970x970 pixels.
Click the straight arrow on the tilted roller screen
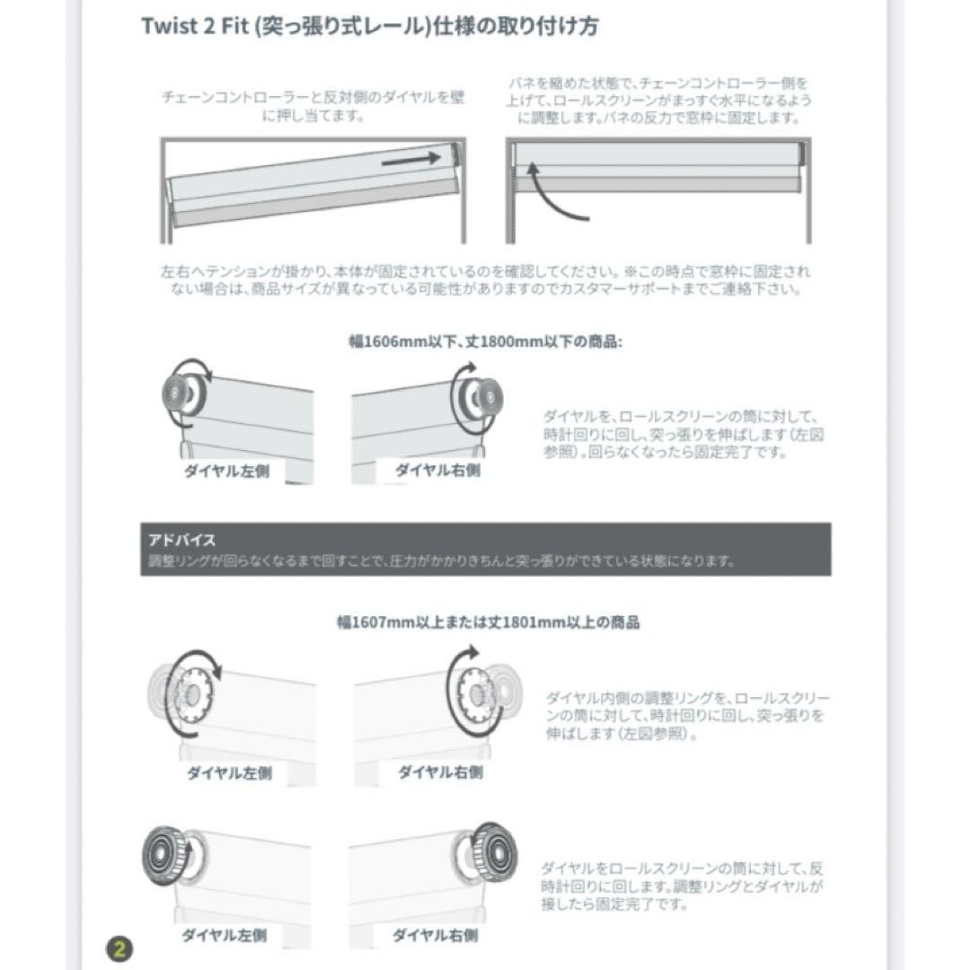pos(411,159)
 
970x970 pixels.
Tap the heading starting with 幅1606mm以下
pos(486,341)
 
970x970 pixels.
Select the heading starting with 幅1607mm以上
pos(489,622)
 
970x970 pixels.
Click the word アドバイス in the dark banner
pos(182,541)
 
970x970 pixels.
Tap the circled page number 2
pos(119,948)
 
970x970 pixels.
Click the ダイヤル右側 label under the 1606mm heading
pos(437,470)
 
